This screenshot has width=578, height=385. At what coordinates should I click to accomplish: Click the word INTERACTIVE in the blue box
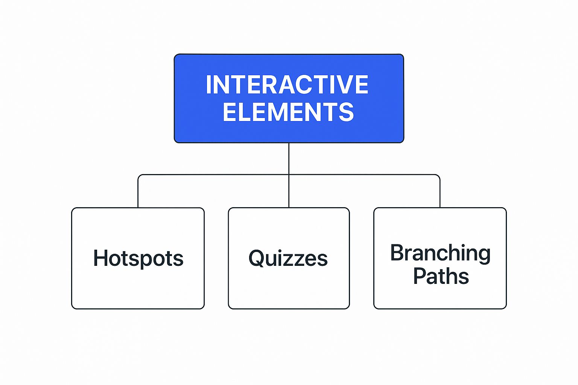287,85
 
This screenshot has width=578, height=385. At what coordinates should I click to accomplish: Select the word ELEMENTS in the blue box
288,112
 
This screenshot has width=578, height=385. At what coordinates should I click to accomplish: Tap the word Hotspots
138,259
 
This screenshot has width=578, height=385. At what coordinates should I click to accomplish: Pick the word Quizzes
288,259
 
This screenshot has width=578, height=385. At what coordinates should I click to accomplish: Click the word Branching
440,253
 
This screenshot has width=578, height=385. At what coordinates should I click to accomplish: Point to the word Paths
441,276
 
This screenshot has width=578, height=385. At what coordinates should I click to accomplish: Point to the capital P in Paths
419,276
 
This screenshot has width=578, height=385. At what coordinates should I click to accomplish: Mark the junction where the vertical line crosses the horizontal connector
289,174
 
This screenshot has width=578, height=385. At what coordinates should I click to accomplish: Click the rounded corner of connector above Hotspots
139,176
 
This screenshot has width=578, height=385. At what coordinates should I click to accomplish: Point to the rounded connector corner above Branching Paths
438,176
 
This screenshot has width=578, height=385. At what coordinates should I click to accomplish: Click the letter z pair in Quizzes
297,259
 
